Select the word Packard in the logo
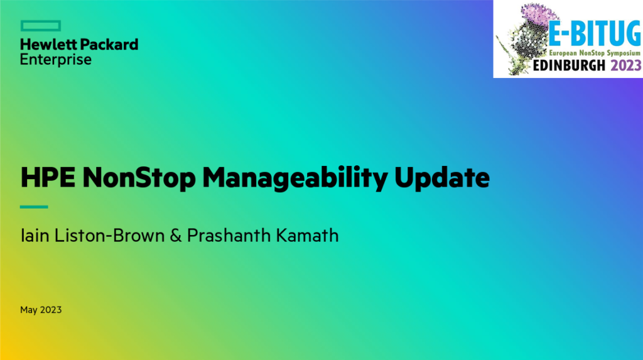click(x=109, y=45)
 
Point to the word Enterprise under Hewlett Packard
click(x=56, y=60)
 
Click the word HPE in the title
click(x=48, y=177)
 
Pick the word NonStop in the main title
click(x=139, y=178)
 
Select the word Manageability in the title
click(x=295, y=178)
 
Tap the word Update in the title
click(x=442, y=178)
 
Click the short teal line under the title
click(x=34, y=207)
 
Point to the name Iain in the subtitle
click(x=35, y=236)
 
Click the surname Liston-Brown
click(x=109, y=236)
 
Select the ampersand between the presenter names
click(x=176, y=236)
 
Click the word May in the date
click(x=29, y=310)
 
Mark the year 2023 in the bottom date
click(x=51, y=310)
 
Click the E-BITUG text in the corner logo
click(x=595, y=33)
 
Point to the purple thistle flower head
click(x=538, y=16)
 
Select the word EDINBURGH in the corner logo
click(x=569, y=65)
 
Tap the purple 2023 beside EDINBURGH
click(x=626, y=65)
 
